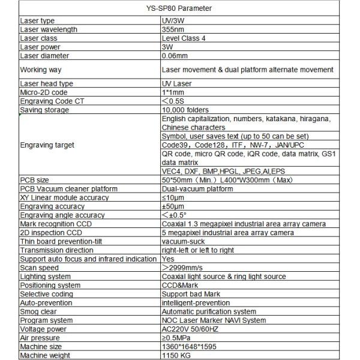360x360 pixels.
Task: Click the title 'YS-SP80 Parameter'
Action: click(179, 8)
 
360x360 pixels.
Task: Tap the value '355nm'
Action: click(175, 29)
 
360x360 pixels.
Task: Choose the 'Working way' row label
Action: click(41, 70)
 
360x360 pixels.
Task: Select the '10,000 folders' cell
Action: click(186, 110)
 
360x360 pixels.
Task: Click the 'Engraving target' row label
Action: click(47, 145)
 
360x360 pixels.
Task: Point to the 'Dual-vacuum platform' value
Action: click(197, 189)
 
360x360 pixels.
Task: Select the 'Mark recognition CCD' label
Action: click(56, 224)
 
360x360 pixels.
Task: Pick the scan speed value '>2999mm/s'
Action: click(184, 268)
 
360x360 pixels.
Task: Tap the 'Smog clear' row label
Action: click(38, 311)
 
